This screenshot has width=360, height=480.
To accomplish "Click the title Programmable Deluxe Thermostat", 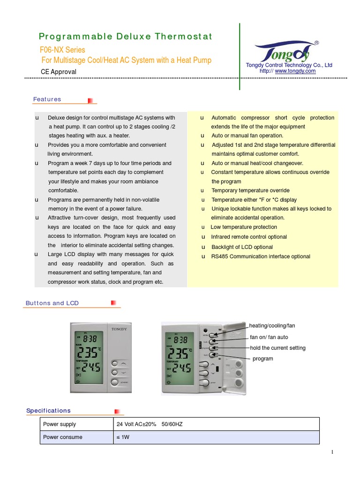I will tap(125, 37).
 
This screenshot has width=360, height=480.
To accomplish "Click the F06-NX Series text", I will tap(62, 50).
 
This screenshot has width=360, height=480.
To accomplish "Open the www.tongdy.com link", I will tap(295, 71).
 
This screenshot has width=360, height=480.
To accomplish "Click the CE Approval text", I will tap(59, 72).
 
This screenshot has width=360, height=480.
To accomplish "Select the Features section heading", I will tap(47, 99).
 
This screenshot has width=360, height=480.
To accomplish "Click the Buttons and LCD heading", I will tap(52, 303).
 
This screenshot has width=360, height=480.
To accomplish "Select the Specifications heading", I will tap(48, 411).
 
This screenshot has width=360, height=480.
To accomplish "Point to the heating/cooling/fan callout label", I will tap(272, 325).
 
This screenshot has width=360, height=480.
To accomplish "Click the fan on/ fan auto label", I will tap(269, 337).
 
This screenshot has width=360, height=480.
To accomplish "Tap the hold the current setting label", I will tap(277, 348).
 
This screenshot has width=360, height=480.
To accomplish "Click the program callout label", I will tap(263, 359).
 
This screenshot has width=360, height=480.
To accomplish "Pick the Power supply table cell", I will tap(60, 424).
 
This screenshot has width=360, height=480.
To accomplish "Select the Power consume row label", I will tap(62, 437).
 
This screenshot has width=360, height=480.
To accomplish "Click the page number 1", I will tap(332, 452).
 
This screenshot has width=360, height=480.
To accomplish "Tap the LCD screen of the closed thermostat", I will tap(88, 356).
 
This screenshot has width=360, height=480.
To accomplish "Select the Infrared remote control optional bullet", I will tap(249, 237).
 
